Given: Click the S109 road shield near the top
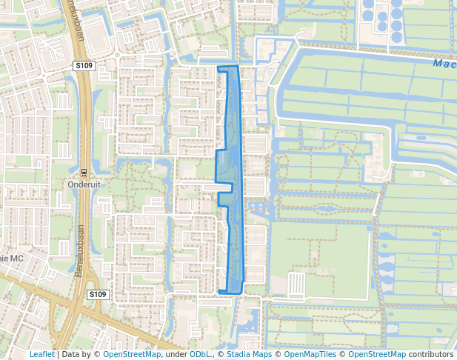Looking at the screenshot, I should coord(84,66).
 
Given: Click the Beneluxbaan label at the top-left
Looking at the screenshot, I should coord(76,27).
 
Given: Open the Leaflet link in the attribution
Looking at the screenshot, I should coord(41,354).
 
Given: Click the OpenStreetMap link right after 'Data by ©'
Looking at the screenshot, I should coord(131,354).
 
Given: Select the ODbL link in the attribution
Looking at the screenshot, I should coord(199,354).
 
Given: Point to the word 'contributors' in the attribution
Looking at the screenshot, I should coord(431,354).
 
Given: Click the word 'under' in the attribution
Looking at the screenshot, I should coord(176,354).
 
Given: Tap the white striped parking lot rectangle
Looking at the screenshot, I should coord(296,283).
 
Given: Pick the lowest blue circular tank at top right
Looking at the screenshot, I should coord(396,36).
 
